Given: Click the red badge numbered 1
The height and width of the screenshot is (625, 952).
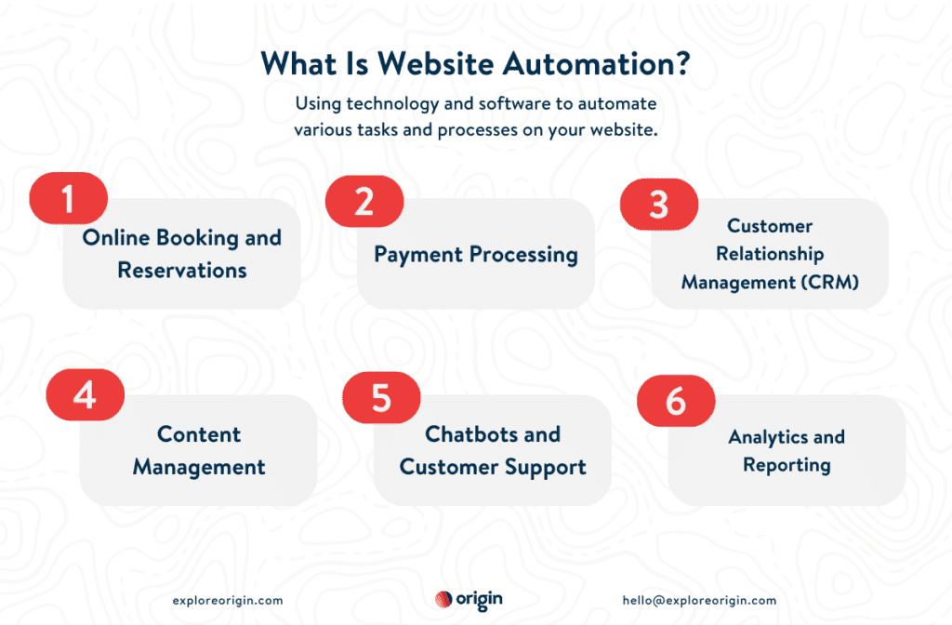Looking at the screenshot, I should coord(68,198).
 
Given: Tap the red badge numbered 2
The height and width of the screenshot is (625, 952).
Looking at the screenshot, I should coord(364,199).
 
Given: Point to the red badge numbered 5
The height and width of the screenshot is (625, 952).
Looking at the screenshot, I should coord(381,396).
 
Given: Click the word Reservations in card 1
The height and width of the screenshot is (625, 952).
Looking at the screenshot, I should coord(182,271).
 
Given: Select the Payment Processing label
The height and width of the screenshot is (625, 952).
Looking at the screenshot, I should coord(476,254).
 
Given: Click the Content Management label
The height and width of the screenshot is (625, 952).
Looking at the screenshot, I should coord(199,450).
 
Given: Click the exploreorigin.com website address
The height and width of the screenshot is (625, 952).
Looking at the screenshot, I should coord(228,601).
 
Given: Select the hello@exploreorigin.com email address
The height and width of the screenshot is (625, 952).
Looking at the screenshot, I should coord(699,601).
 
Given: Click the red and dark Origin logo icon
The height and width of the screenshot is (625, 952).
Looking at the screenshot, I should coord(443,600).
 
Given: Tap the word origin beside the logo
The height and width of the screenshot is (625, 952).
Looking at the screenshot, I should coord(480,600).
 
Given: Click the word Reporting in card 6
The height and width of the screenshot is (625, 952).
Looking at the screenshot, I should coord(787,465).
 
